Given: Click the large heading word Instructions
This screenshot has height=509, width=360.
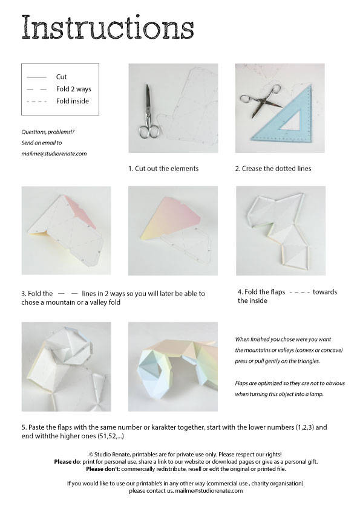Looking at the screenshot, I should pos(108,28).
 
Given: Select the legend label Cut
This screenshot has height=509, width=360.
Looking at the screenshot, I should pos(61,77).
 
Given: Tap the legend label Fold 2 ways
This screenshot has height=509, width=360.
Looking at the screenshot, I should pos(74,89).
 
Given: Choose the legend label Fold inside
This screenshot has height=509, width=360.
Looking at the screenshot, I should pos(73,101).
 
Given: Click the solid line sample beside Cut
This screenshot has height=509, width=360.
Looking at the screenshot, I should pos(36,77).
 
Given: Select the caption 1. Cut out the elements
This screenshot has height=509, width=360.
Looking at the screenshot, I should pos(163,169).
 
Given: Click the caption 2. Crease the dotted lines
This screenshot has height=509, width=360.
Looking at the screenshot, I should pos(273,169).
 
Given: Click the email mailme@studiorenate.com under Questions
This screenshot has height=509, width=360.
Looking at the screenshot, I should pos(54,154).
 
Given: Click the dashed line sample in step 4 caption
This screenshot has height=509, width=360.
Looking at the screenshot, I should pos(300,292).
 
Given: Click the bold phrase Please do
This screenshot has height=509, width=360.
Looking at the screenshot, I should pos(68,461).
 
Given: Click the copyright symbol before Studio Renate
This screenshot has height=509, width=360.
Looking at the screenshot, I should pos(91,454).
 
